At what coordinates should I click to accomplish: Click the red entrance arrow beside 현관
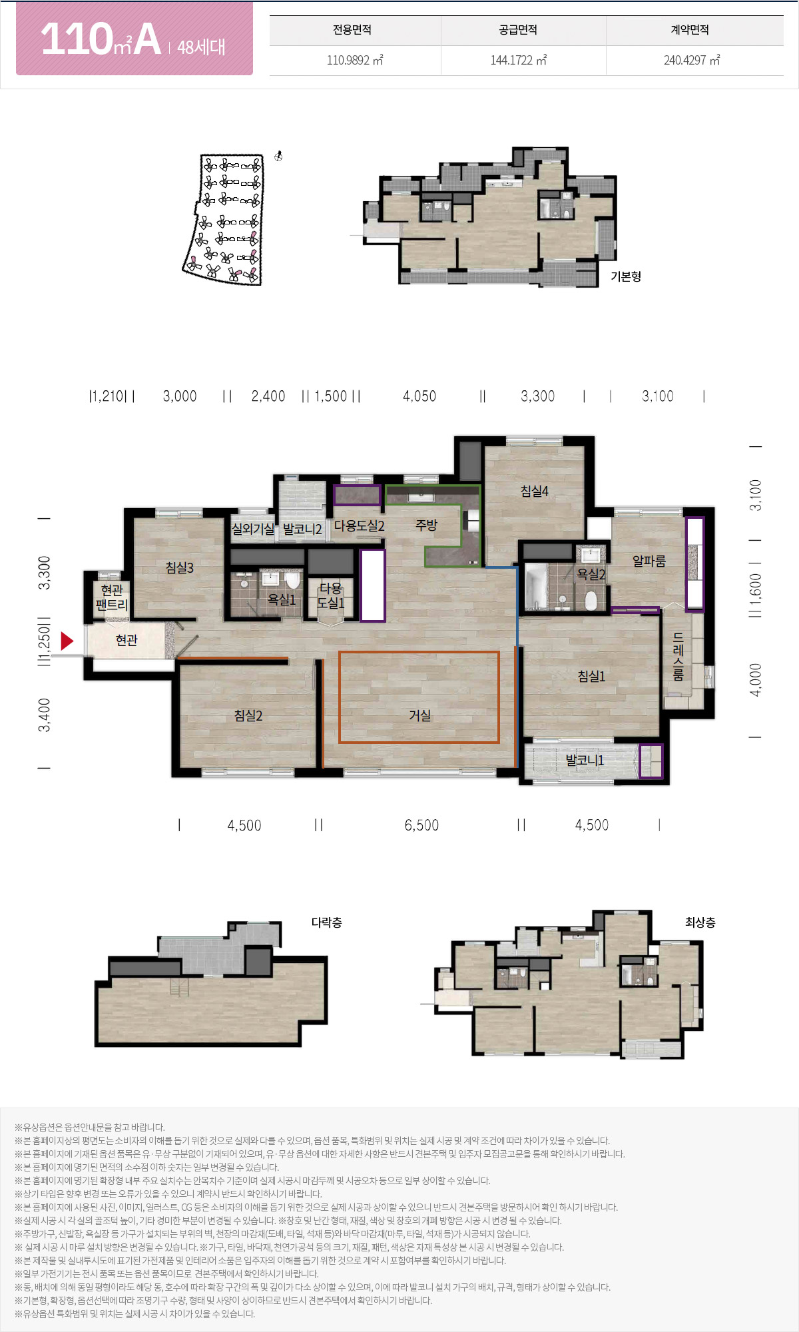[x=67, y=641]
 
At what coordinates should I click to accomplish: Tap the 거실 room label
[x=419, y=715]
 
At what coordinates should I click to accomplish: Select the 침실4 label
[x=535, y=491]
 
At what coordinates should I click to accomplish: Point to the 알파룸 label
[x=649, y=561]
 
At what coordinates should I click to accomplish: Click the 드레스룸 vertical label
[x=678, y=657]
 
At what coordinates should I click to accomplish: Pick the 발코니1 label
[x=585, y=760]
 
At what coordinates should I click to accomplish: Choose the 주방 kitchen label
[x=426, y=525]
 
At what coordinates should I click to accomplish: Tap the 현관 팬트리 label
[x=112, y=597]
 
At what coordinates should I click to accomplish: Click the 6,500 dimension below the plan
[x=421, y=825]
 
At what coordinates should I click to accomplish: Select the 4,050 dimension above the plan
[x=419, y=396]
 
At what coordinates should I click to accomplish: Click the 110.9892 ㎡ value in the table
[x=355, y=60]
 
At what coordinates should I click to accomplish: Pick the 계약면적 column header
[x=690, y=30]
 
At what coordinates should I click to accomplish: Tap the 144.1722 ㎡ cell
[x=519, y=60]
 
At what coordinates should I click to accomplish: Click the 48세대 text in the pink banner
[x=201, y=47]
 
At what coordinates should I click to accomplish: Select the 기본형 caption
[x=626, y=276]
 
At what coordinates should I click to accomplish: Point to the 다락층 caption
[x=327, y=922]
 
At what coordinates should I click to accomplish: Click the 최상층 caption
[x=700, y=922]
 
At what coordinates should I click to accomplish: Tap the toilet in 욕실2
[x=591, y=601]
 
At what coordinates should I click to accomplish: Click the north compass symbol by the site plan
[x=279, y=157]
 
